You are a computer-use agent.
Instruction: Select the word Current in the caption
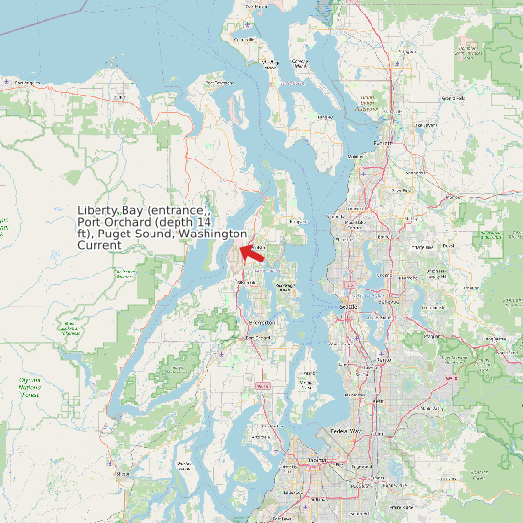[99, 245]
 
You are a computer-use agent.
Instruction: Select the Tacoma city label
[317, 462]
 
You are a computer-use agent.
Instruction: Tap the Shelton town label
[122, 474]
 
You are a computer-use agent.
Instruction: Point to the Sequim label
[120, 97]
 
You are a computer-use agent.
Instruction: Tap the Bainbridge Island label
[285, 287]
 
